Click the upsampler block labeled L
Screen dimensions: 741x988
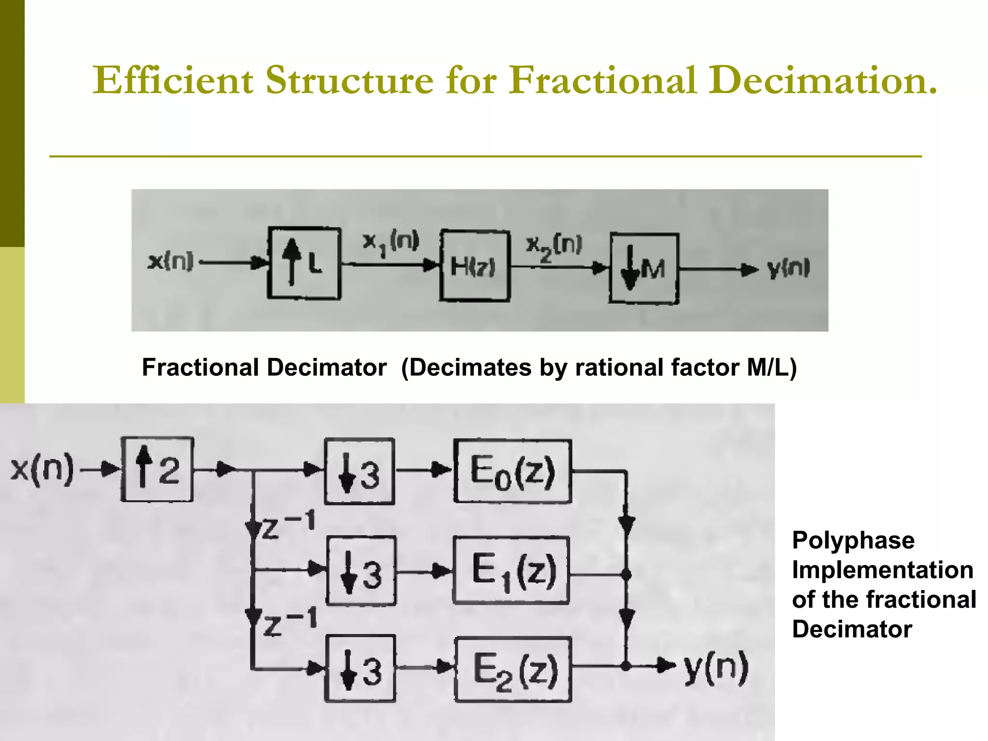(x=304, y=263)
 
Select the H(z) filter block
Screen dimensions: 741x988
(x=474, y=266)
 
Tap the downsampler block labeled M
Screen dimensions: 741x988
(x=644, y=268)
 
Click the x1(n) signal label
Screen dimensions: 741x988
(x=391, y=242)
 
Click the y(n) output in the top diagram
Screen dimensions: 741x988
(x=788, y=269)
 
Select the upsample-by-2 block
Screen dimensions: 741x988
(x=157, y=469)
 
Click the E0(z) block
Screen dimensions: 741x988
(x=512, y=471)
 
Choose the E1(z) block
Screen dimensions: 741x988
(x=511, y=571)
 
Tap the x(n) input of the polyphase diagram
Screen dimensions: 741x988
(x=42, y=468)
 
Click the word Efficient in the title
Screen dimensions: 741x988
(x=173, y=80)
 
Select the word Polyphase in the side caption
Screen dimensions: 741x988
(x=853, y=540)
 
